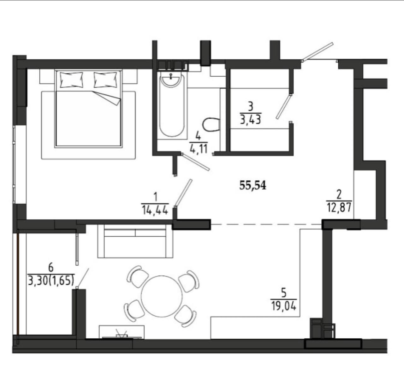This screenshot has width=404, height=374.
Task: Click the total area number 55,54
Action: (x=252, y=185)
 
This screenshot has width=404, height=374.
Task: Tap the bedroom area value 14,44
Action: (x=155, y=210)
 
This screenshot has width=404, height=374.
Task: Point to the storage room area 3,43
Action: (x=251, y=120)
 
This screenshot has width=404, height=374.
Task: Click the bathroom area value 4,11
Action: (x=199, y=149)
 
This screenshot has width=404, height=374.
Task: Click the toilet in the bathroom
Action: (x=211, y=125)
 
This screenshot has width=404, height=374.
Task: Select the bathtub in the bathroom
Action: (x=172, y=105)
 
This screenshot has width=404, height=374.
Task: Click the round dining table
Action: (x=162, y=296)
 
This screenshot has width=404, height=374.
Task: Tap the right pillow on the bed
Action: (x=105, y=80)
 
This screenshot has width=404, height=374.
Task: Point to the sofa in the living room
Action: (x=135, y=241)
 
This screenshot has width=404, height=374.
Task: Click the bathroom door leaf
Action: (x=196, y=162)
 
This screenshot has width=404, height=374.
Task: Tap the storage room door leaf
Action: (x=284, y=106)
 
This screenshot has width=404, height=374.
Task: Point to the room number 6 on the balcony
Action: (x=51, y=267)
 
